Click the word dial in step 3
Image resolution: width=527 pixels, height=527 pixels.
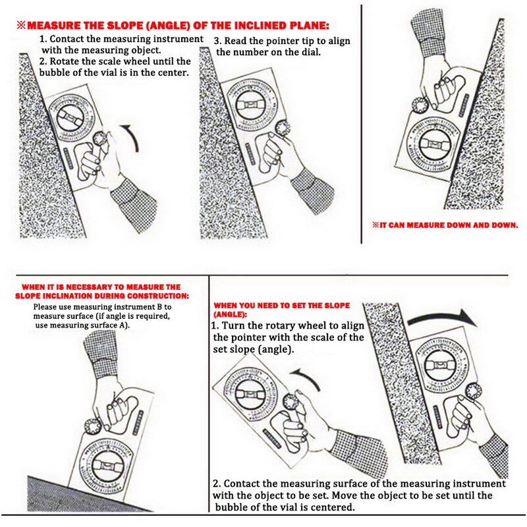pyautogui.click(x=311, y=52)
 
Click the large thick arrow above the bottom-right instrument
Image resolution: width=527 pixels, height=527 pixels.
pyautogui.click(x=441, y=318)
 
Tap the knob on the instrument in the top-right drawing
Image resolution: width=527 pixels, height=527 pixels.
pyautogui.click(x=420, y=105)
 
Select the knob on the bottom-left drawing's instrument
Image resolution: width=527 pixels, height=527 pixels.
pyautogui.click(x=93, y=426)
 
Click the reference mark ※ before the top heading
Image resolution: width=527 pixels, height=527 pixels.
pyautogui.click(x=21, y=25)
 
